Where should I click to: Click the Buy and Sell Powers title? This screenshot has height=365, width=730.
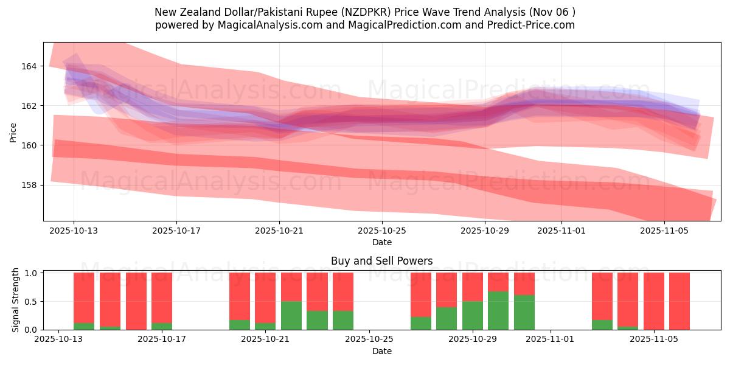point(381,261)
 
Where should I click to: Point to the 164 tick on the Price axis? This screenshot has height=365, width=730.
point(29,66)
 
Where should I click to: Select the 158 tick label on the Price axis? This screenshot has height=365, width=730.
point(29,185)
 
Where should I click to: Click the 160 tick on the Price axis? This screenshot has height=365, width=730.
point(29,145)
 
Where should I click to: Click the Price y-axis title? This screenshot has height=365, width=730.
point(13,132)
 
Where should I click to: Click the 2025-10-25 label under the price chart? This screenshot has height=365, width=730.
point(382,231)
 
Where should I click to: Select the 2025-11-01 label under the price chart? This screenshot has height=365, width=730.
point(561,231)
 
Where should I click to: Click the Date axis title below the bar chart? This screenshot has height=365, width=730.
point(381,351)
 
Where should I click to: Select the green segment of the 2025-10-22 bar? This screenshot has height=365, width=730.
point(291,315)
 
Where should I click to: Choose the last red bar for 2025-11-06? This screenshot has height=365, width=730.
point(680,301)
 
